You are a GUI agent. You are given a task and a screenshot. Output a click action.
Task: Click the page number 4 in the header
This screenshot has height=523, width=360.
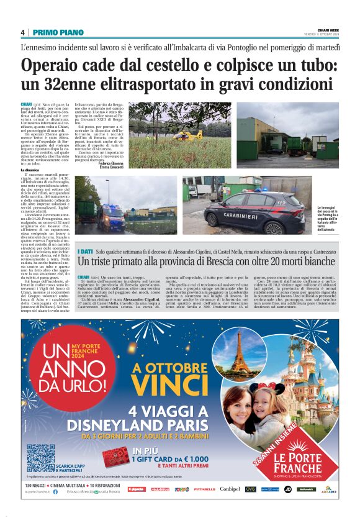click(x=23, y=32)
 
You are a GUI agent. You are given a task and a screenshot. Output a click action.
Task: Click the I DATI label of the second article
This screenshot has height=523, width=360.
click(x=86, y=250)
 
